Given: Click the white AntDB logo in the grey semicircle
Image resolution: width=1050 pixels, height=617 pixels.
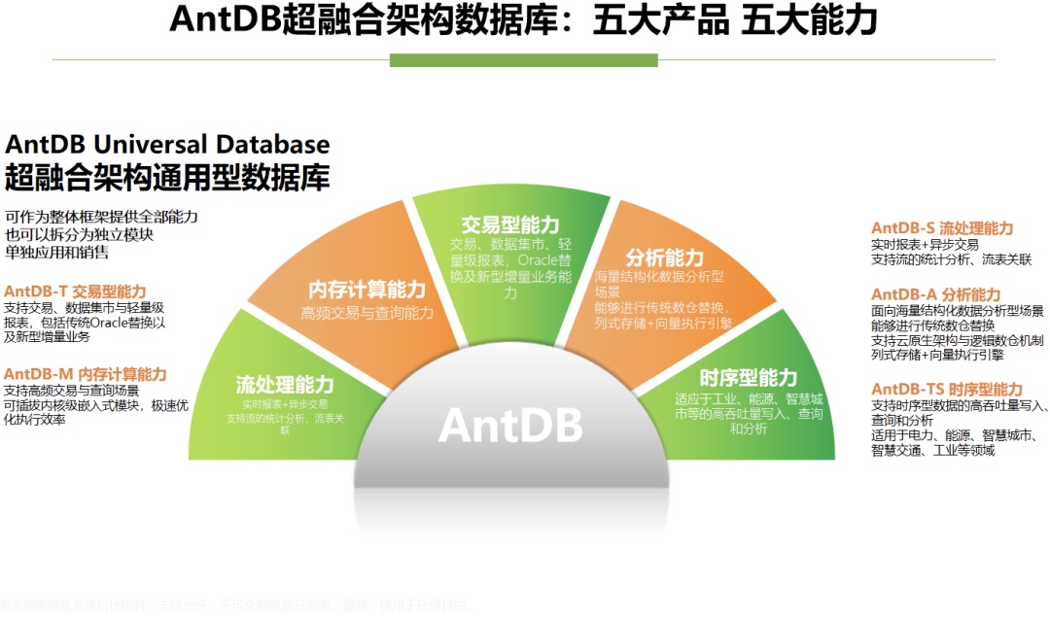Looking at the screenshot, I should pos(510,425).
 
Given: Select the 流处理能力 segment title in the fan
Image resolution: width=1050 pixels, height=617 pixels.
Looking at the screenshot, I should pos(285,385).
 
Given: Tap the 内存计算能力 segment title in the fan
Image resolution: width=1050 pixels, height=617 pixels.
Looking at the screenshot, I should pos(367,290).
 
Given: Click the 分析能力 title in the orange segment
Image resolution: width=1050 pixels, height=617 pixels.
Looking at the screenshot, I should pos(664,257).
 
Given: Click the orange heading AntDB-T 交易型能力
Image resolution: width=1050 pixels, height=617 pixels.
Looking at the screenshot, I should pos(75,291).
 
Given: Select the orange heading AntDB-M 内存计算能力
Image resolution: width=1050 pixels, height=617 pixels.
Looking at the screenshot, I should pos(86,374).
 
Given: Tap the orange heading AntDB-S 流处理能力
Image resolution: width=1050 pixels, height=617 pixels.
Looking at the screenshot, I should pos(942,228).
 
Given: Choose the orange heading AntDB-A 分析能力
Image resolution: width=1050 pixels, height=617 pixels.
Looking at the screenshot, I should pos(935,294).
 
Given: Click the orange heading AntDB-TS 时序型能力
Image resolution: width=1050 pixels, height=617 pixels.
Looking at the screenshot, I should pos(947,390).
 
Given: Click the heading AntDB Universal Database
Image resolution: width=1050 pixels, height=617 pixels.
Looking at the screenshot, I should pos(167,145).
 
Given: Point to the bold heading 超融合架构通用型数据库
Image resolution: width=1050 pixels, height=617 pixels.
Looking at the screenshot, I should pos(167,178).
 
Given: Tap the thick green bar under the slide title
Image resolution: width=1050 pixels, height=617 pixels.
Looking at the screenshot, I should pos(525,60).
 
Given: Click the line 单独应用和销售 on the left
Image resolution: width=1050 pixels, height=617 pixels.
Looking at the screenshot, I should pos(56,253).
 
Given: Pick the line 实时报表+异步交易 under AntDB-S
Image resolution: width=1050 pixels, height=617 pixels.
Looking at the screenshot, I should pos(925,245).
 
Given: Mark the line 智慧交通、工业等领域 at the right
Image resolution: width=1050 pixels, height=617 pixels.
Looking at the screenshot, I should pos(933,450).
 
